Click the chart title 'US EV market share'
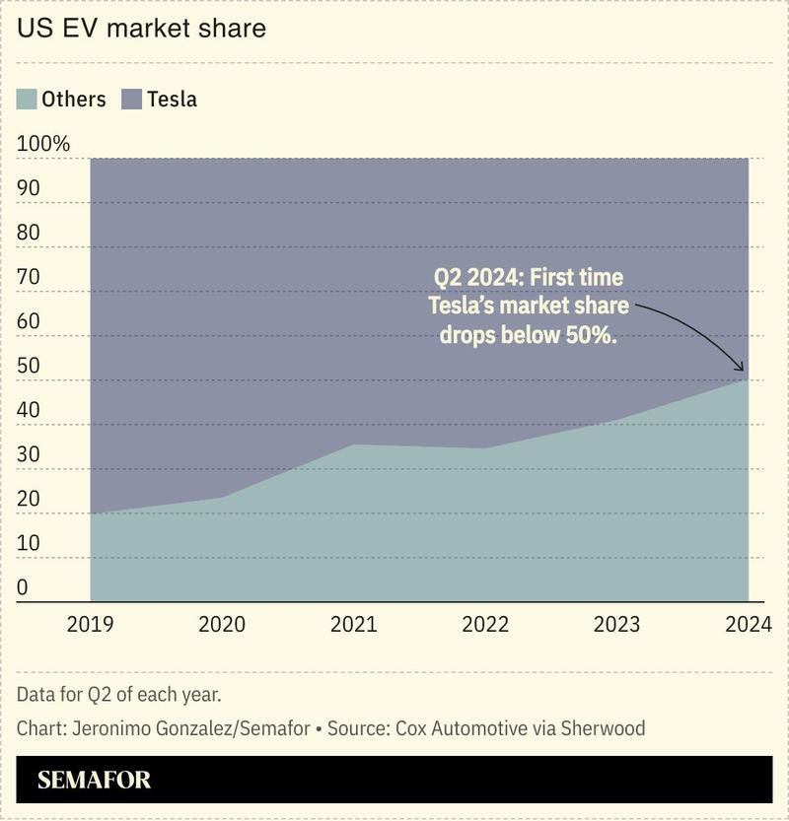click(x=141, y=29)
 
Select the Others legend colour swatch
click(x=27, y=99)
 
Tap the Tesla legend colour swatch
click(x=132, y=99)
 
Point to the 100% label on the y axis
click(x=43, y=144)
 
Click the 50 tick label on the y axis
click(x=29, y=366)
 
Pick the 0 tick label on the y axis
click(x=23, y=587)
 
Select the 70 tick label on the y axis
click(x=29, y=277)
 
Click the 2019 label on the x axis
click(x=90, y=624)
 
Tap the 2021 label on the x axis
click(x=353, y=624)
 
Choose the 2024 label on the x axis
click(x=748, y=624)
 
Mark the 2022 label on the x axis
click(x=485, y=624)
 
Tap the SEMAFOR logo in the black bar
click(x=95, y=781)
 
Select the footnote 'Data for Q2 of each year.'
click(x=118, y=694)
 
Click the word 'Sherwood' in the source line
click(x=603, y=729)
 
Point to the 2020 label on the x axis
click(x=222, y=624)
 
